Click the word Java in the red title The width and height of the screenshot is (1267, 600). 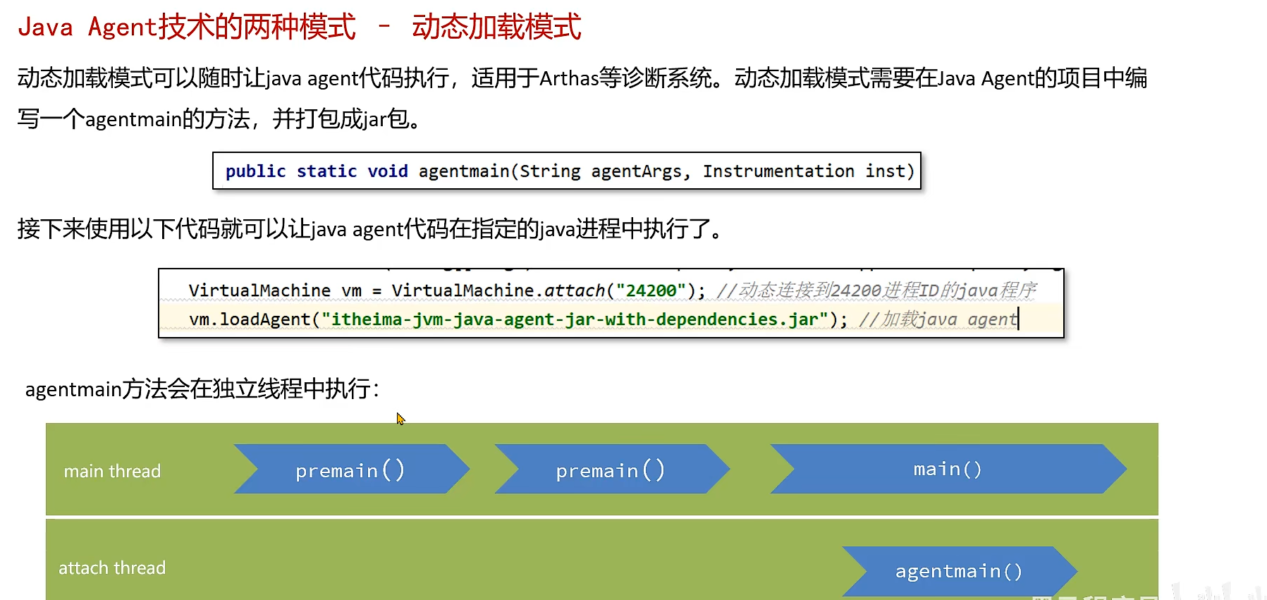[45, 27]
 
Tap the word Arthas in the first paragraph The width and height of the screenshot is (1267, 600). [568, 78]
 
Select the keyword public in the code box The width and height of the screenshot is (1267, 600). [255, 171]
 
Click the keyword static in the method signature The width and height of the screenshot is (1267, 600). [326, 171]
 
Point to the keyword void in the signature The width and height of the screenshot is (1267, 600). [388, 171]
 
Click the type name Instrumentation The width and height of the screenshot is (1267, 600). [778, 171]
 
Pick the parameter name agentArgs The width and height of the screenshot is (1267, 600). [636, 171]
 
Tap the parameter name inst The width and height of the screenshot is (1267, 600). [885, 171]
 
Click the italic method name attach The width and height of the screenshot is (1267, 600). [574, 290]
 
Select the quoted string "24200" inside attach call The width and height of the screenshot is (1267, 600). [651, 290]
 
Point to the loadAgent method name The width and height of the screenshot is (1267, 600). [265, 319]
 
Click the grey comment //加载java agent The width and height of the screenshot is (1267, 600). [938, 319]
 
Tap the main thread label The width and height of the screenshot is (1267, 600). [112, 471]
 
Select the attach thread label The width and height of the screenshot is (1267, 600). [112, 568]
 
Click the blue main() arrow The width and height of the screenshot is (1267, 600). [947, 469]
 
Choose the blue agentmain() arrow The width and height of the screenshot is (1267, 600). [958, 571]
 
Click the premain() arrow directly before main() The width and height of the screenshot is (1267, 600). [611, 470]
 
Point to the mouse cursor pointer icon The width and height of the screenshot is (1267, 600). [400, 418]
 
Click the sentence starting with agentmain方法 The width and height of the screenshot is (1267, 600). [202, 388]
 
